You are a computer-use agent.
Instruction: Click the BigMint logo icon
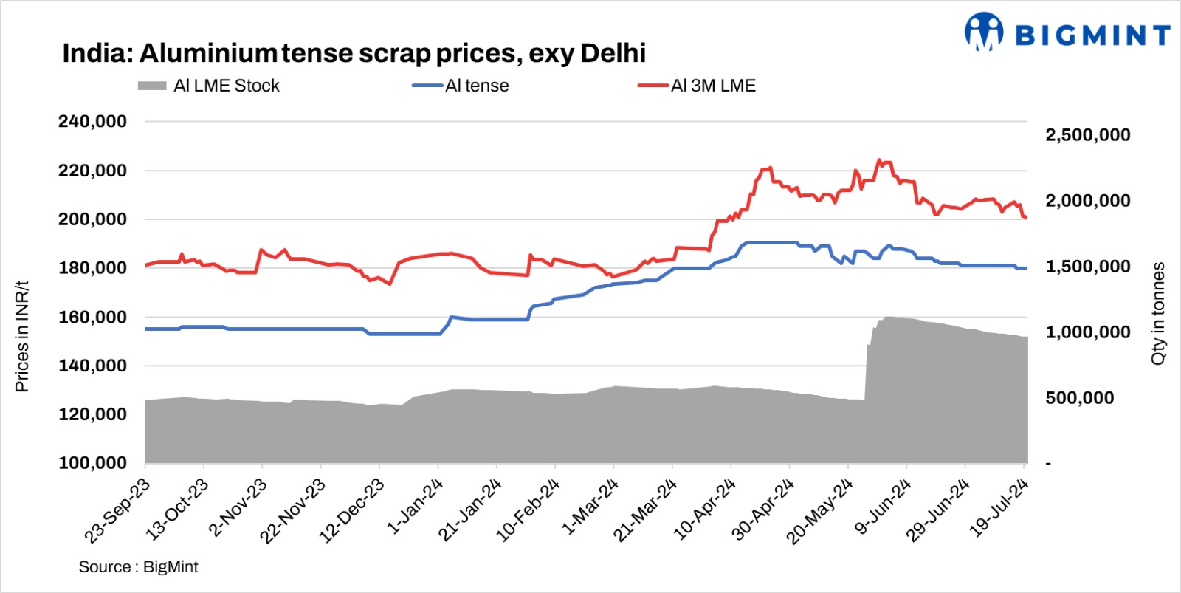(984, 32)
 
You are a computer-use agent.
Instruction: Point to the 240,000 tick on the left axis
(93, 121)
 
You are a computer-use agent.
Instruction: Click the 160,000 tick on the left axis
(93, 317)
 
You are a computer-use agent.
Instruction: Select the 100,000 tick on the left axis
(93, 463)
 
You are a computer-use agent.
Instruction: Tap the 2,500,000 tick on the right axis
(1087, 135)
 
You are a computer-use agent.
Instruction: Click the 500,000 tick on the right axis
(1079, 398)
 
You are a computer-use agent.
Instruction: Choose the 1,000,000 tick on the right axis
(1087, 332)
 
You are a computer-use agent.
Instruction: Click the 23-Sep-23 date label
(118, 510)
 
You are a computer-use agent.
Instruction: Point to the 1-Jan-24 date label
(415, 506)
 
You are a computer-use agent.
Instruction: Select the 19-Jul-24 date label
(999, 507)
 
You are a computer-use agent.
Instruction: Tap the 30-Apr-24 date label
(764, 509)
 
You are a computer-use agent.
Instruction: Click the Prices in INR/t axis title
(22, 336)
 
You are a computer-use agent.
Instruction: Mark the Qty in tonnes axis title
(1158, 313)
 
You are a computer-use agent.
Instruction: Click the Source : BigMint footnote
(139, 566)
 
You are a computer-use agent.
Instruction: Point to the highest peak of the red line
(878, 160)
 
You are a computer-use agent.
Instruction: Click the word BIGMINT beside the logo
(1092, 35)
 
